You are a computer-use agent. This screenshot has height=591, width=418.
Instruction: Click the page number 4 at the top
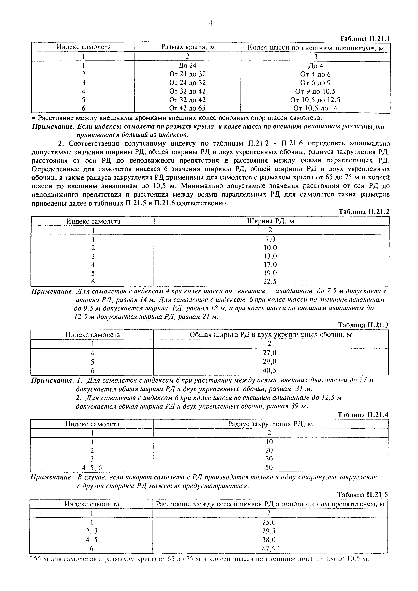(211, 24)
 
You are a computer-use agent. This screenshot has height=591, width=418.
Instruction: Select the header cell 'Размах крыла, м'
(188, 47)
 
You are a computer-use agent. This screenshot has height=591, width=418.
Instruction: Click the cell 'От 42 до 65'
(187, 108)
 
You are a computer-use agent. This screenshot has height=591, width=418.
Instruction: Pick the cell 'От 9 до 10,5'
(315, 91)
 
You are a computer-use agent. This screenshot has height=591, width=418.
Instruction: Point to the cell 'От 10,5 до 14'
(315, 108)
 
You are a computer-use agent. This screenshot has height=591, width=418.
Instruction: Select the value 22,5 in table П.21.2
(270, 282)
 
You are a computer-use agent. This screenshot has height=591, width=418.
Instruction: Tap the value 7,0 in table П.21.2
(270, 239)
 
